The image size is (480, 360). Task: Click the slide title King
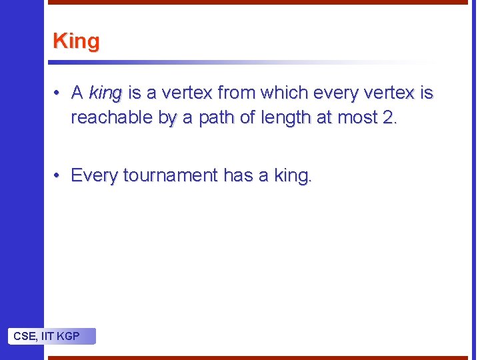click(x=76, y=41)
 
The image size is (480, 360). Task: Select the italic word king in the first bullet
click(x=105, y=93)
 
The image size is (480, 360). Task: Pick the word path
click(x=219, y=118)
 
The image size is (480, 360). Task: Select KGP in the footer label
click(x=68, y=337)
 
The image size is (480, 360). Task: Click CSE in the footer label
click(x=25, y=337)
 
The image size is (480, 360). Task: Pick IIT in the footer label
click(x=47, y=337)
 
